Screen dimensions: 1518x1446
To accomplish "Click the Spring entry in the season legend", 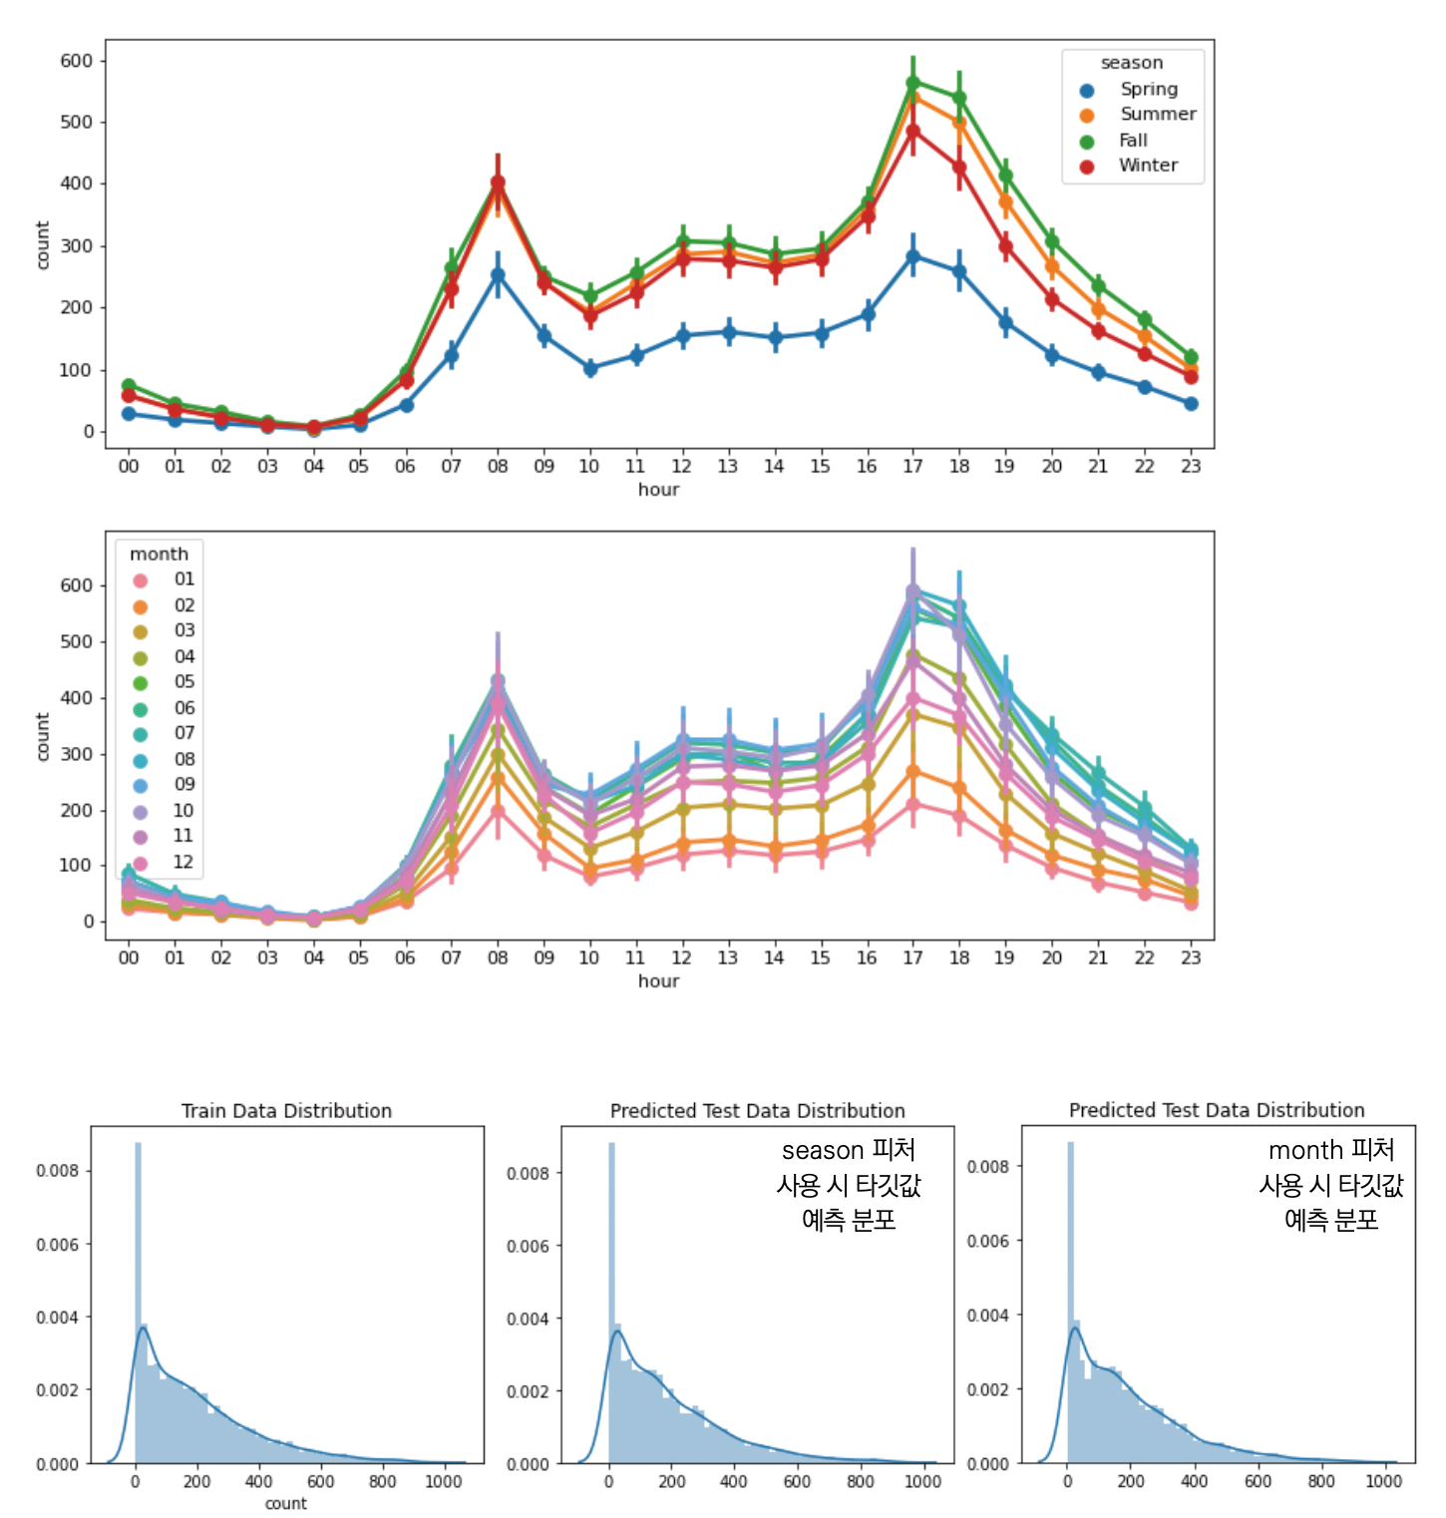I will (x=1147, y=90).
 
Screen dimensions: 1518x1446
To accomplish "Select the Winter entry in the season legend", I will (x=1147, y=166).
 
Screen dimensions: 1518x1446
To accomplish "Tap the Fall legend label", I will (x=1133, y=141).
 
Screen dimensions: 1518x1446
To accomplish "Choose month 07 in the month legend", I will (x=184, y=733).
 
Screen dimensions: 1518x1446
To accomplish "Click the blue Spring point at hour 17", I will (x=912, y=256).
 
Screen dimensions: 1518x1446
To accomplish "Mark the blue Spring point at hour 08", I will (x=498, y=275).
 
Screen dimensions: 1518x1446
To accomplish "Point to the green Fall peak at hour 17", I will (x=912, y=83).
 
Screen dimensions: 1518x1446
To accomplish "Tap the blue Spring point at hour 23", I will (x=1191, y=404).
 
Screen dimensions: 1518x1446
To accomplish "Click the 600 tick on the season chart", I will (x=76, y=61).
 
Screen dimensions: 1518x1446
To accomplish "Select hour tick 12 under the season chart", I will (x=681, y=466).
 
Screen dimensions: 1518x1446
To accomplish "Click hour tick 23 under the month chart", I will (x=1191, y=957).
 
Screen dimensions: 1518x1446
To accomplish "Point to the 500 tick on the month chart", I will (x=76, y=641).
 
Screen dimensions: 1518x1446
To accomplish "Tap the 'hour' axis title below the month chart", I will (x=658, y=981).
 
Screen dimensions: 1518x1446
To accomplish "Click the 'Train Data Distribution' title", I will (x=286, y=1111).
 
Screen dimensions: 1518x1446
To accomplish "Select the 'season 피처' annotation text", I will (x=849, y=1151).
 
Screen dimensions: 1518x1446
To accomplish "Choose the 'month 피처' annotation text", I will (x=1331, y=1151).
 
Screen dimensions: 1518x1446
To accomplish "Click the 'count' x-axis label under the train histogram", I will (x=286, y=1504).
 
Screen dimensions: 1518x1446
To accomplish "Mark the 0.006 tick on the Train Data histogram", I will (x=57, y=1245).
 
